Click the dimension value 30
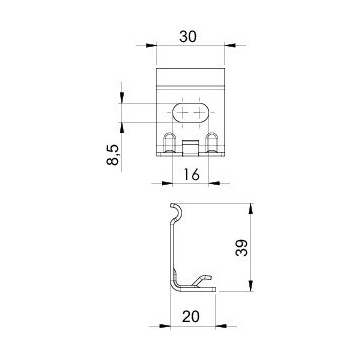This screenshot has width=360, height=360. pos(188,37)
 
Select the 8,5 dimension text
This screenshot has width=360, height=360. pos(113,154)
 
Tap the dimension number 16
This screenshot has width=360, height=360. pos(191,174)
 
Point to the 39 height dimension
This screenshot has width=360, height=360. pos(241,248)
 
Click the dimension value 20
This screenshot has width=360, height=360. pos(191,316)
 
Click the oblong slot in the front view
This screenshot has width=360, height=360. pos(191,113)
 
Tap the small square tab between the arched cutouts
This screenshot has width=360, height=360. pos(191,148)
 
